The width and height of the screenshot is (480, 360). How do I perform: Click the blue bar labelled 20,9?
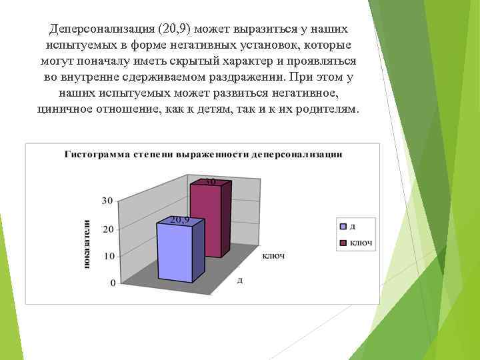(175, 253)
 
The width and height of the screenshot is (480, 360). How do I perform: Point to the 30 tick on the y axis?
(107, 200)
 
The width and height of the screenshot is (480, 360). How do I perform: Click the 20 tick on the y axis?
(107, 229)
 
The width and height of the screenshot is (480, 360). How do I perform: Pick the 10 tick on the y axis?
(107, 256)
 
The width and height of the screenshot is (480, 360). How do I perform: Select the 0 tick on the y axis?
(112, 283)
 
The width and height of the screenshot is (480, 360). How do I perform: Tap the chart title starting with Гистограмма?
(203, 154)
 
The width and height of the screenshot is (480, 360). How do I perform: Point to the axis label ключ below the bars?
(273, 256)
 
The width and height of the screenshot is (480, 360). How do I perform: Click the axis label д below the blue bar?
(239, 280)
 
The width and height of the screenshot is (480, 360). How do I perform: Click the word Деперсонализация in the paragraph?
(99, 31)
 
